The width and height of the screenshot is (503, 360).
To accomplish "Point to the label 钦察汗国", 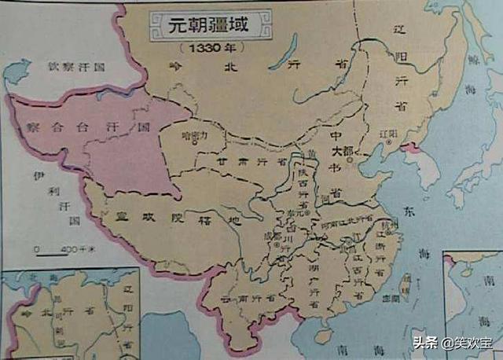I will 75,67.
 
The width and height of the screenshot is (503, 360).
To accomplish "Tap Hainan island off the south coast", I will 322,336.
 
